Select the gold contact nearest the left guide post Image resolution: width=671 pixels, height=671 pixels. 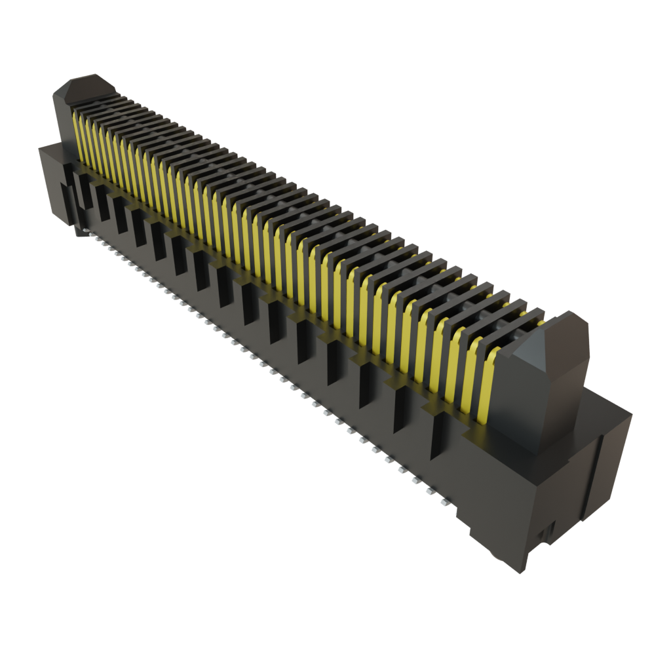[76, 134]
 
